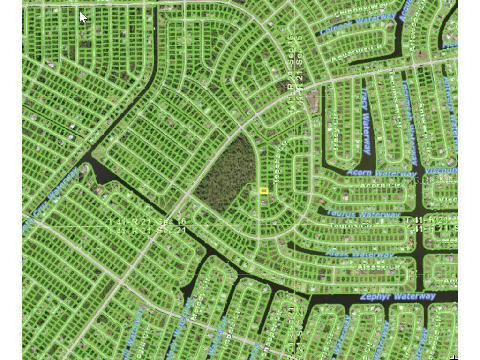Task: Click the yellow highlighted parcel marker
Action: (x=263, y=190)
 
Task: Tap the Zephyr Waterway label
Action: (x=397, y=296)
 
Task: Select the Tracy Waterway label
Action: (x=366, y=121)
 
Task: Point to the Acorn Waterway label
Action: (x=375, y=173)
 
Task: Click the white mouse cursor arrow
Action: (x=83, y=17)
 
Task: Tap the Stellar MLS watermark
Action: (x=435, y=180)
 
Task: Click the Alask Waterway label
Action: (x=360, y=254)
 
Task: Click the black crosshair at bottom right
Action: (x=454, y=357)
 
